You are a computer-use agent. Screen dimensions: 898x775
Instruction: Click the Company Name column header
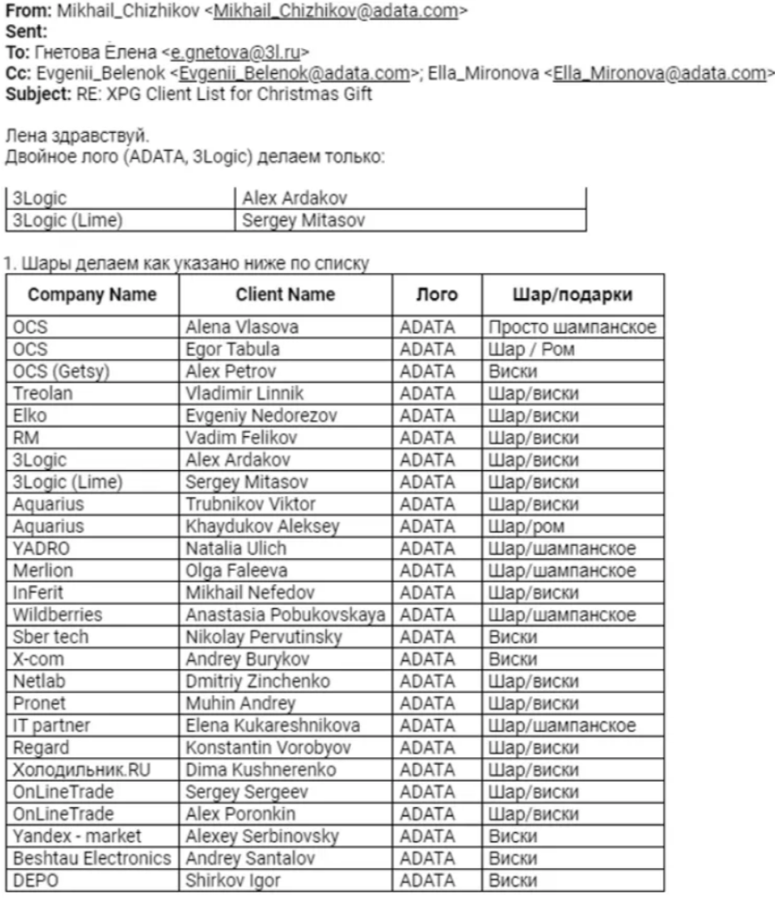93,294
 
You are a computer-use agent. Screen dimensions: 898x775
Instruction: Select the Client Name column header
285,294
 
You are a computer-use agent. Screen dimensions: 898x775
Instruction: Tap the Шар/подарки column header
573,294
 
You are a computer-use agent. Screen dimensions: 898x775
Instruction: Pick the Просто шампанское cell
573,327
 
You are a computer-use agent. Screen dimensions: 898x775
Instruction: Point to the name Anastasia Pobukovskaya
285,616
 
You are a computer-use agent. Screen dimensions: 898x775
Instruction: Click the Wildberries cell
57,616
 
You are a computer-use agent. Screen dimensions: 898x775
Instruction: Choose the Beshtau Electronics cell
92,858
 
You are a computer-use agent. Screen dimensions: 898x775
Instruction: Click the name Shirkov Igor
233,880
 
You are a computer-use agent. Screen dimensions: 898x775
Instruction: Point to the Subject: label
37,93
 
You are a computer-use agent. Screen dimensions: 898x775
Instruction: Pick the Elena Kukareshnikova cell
273,725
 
